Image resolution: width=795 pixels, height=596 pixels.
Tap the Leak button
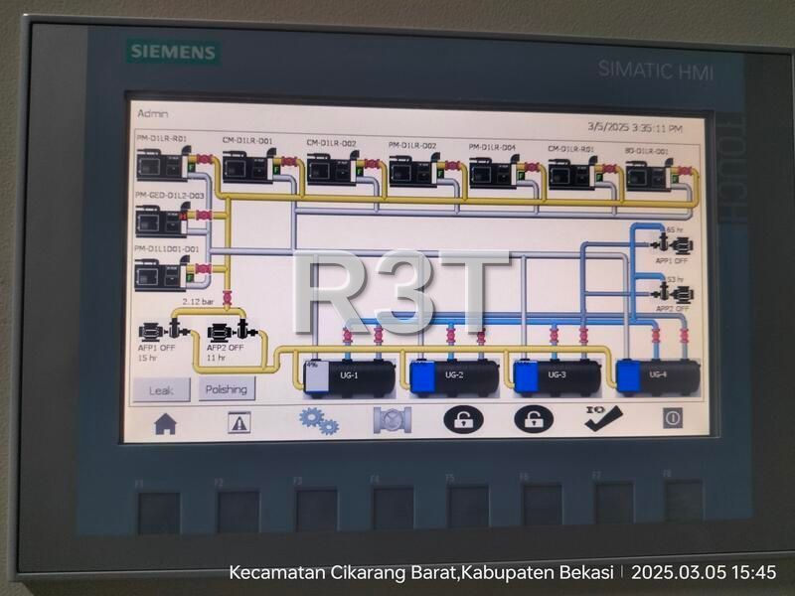pos(160,389)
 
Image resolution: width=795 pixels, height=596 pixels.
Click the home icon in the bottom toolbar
pos(165,422)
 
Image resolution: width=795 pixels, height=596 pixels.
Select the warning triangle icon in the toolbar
pos(239,422)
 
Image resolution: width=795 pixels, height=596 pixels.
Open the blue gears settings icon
pos(318,420)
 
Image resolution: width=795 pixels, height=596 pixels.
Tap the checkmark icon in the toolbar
pos(602,418)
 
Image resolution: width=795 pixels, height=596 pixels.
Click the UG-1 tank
pos(343,376)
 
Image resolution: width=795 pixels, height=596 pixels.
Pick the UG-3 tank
pos(556,376)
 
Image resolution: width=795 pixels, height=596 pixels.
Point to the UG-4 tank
pos(658,374)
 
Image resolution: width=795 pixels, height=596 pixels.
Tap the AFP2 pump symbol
pos(229,331)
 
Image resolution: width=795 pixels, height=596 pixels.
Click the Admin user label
pos(152,114)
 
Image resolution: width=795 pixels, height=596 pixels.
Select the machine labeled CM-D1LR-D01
pos(247,167)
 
